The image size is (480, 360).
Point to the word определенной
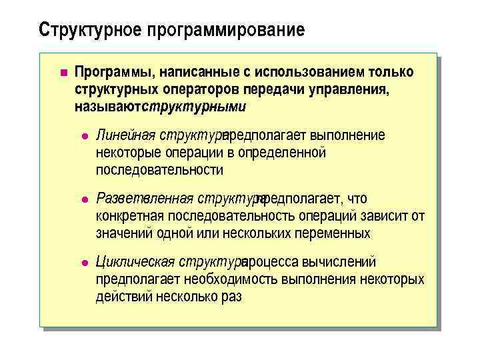tap(288, 153)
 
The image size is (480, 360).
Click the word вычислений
tap(341, 262)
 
